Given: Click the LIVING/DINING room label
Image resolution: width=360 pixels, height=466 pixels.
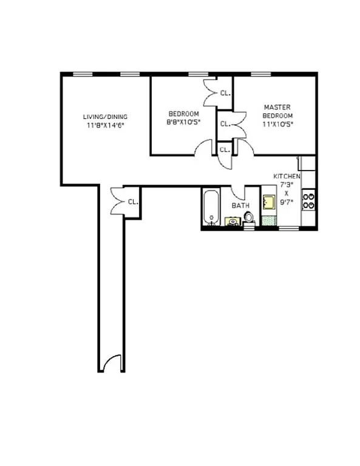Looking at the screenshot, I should [105, 117].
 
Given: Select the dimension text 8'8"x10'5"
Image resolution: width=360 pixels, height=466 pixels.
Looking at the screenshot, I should [183, 122].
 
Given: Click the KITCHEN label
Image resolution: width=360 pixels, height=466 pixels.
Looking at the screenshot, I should [287, 176].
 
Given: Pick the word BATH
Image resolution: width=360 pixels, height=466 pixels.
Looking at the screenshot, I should [241, 206].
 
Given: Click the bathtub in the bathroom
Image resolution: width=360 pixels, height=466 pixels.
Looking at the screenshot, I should [210, 209].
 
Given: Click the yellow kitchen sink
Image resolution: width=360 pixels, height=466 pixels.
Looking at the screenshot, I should [268, 203].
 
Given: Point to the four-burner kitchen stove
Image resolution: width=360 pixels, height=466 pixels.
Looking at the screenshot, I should [308, 201].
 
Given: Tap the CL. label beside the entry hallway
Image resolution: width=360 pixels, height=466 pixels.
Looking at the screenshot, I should [132, 203].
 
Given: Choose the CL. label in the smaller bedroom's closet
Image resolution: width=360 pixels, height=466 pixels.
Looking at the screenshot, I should [225, 93].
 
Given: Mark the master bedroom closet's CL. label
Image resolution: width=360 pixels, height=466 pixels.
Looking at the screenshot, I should [225, 124].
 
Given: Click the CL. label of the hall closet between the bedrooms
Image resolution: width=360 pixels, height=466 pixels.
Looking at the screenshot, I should [224, 149].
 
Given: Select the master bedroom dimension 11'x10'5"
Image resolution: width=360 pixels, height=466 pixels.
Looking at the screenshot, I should [277, 124].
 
